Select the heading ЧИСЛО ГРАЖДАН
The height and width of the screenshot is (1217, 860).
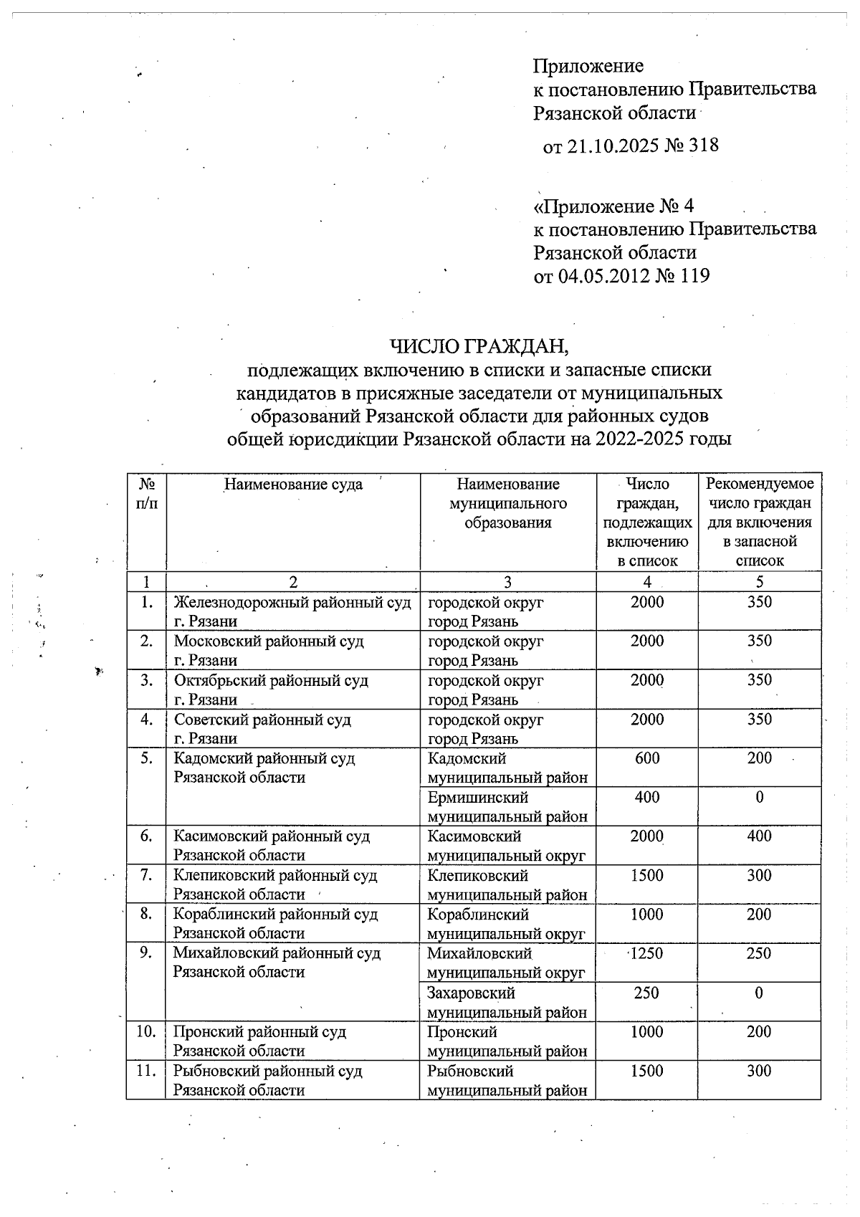click(479, 346)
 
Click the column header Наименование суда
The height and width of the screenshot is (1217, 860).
click(293, 485)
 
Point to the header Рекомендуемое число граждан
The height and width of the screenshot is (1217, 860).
click(760, 494)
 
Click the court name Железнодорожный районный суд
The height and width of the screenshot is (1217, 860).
click(292, 603)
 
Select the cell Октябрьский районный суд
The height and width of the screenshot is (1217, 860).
click(271, 681)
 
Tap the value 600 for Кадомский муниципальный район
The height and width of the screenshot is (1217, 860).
click(647, 758)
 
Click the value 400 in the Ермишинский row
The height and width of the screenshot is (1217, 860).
click(647, 798)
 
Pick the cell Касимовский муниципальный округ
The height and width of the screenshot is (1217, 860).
click(506, 846)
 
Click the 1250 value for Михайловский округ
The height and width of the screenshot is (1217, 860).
click(646, 954)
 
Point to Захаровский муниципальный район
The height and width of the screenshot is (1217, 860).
click(506, 1003)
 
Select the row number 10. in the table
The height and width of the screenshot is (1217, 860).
click(145, 1032)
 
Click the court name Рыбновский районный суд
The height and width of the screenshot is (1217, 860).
click(267, 1072)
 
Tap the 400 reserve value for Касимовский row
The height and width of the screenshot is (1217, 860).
click(759, 836)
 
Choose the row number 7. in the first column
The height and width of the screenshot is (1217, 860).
click(146, 876)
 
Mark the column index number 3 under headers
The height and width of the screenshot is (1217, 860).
click(507, 582)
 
